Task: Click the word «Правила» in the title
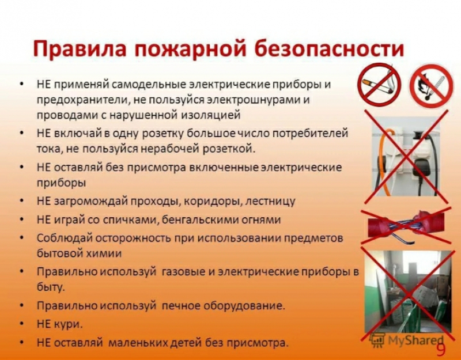coord(80,48)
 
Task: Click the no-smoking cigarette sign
coord(380,85)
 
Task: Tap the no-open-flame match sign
coord(432,85)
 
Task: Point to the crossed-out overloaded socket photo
coord(406,157)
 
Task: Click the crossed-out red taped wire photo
coord(406,226)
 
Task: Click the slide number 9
coord(441,350)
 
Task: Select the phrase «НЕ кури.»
coord(60,325)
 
